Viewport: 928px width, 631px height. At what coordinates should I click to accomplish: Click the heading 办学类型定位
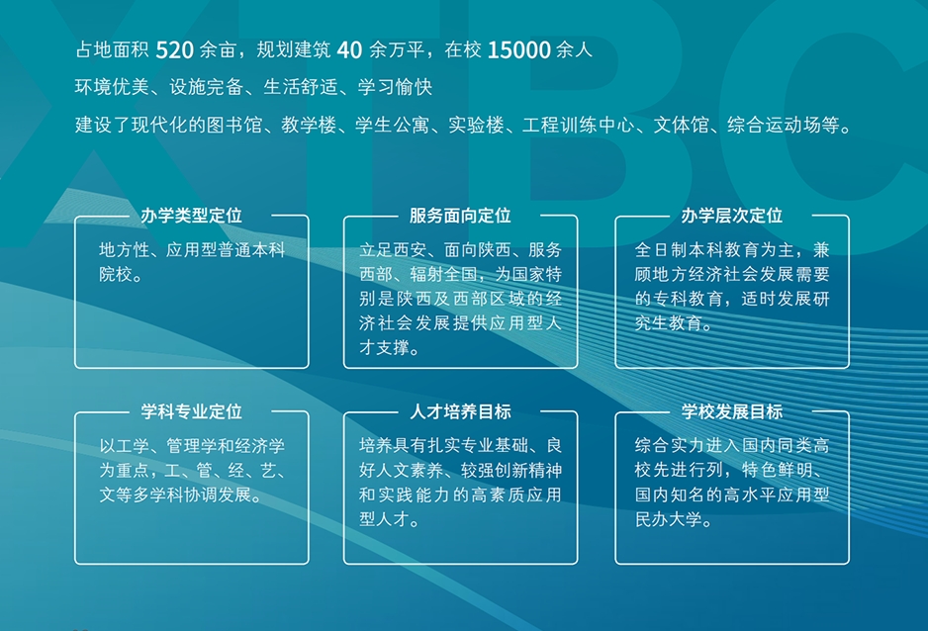click(x=191, y=216)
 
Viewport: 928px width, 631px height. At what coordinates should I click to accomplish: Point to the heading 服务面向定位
click(x=460, y=216)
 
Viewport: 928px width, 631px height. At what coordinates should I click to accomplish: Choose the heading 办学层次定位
click(x=731, y=216)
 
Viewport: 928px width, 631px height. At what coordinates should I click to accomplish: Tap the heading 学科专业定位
click(x=191, y=411)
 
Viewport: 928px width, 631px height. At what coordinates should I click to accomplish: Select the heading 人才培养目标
click(x=460, y=411)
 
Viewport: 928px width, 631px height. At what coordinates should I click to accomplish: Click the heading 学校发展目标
click(x=731, y=411)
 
